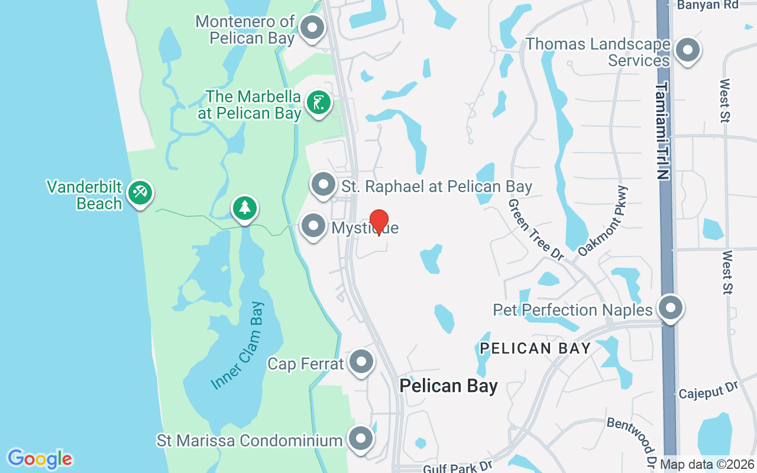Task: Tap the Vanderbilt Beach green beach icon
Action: tap(140, 193)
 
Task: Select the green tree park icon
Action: tap(244, 208)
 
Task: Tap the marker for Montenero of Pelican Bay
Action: tap(312, 27)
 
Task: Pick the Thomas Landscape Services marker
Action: tap(687, 50)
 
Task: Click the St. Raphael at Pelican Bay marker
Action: tap(323, 184)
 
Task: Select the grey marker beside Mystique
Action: tap(313, 226)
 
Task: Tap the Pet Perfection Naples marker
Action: tap(670, 307)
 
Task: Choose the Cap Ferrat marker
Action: tap(361, 361)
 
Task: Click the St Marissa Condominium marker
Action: tap(361, 439)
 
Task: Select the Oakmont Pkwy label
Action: tap(603, 221)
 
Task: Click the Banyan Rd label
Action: tap(708, 5)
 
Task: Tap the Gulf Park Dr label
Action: tap(458, 467)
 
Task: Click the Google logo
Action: tap(40, 459)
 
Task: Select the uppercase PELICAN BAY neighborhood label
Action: tap(535, 348)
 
